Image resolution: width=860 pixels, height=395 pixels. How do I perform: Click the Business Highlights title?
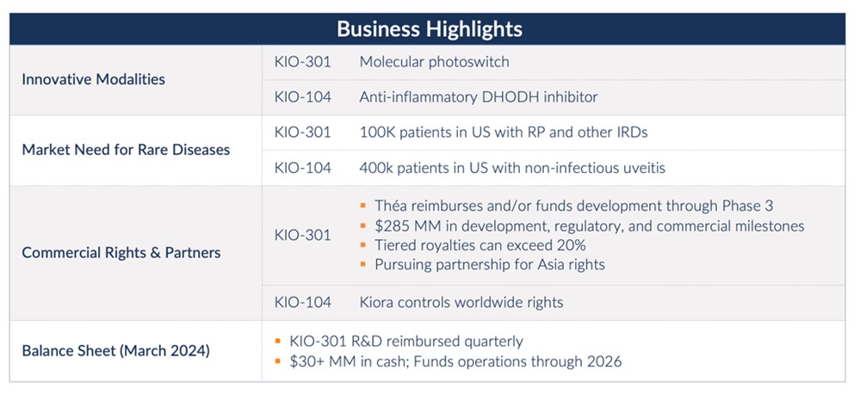[x=429, y=28]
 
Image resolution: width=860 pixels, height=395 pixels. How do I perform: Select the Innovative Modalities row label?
[x=93, y=79]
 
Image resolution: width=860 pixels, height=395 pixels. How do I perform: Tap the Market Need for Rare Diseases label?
[x=126, y=150]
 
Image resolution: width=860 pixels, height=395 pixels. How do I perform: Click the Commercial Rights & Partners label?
[x=121, y=252]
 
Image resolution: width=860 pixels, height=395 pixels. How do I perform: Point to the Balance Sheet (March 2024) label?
[x=116, y=350]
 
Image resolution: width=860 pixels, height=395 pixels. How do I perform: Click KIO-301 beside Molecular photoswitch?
[x=302, y=62]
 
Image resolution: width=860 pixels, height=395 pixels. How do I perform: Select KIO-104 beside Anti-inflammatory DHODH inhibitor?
[x=302, y=97]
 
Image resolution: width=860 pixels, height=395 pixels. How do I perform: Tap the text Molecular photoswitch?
[x=434, y=62]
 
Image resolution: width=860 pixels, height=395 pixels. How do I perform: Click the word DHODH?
[x=512, y=97]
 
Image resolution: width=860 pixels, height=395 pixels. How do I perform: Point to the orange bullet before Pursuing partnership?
[x=363, y=265]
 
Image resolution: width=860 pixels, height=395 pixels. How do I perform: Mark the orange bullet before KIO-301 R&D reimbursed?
[x=278, y=342]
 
